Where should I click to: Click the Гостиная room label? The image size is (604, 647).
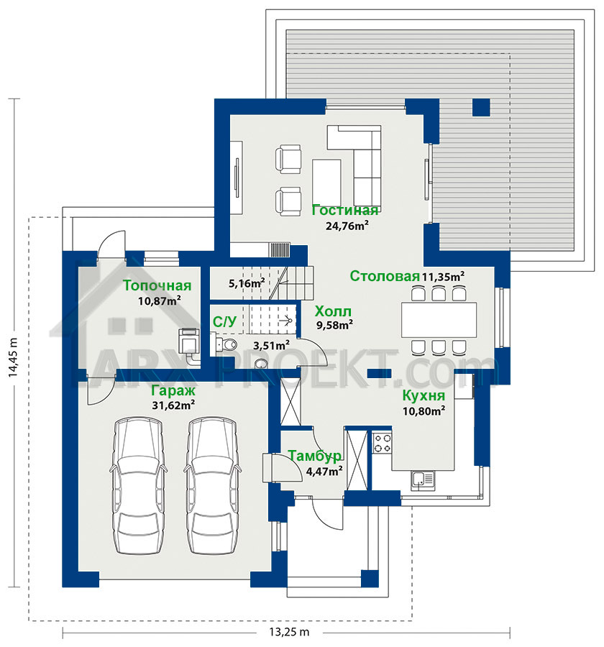[x=344, y=210]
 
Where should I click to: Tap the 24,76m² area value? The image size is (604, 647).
[x=347, y=226]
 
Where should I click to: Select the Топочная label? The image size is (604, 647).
[x=157, y=285]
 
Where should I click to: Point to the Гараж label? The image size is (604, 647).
[x=173, y=390]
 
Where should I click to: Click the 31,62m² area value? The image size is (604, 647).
[x=173, y=405]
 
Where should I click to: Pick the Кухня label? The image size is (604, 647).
[x=424, y=395]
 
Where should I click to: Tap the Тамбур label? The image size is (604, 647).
[x=315, y=456]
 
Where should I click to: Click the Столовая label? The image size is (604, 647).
[x=385, y=276]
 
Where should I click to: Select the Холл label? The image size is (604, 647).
[x=333, y=311]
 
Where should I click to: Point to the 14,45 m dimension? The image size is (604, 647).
[x=14, y=357]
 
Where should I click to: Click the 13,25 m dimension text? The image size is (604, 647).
[x=289, y=632]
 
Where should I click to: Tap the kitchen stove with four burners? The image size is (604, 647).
[x=383, y=443]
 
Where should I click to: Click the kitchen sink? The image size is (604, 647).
[x=423, y=480]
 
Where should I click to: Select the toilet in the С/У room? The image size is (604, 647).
[x=224, y=344]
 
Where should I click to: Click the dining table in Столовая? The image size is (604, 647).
[x=439, y=320]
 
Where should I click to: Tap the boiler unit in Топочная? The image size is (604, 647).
[x=188, y=340]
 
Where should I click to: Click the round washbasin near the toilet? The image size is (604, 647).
[x=261, y=364]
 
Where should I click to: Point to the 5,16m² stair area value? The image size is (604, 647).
[x=247, y=283]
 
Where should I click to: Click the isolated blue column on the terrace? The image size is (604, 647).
[x=481, y=107]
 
